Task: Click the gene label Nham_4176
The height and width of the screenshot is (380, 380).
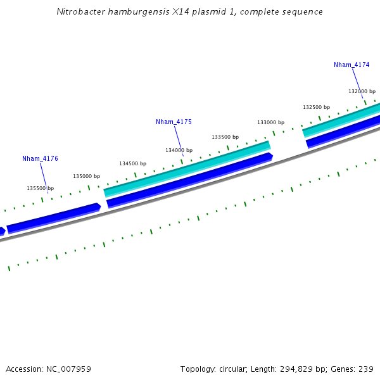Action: click(40, 158)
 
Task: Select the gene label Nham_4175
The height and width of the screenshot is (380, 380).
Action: click(174, 122)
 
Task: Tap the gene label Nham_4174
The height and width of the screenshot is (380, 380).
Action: click(351, 65)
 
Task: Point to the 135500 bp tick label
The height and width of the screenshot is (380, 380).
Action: click(40, 188)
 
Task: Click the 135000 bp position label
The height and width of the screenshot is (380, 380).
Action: click(86, 176)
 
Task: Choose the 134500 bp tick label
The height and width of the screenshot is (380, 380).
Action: click(132, 163)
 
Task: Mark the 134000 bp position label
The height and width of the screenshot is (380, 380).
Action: click(179, 150)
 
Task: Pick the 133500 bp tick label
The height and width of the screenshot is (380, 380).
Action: click(225, 137)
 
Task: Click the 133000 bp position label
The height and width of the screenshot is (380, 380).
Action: click(270, 122)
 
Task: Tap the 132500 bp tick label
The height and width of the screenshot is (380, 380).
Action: click(316, 107)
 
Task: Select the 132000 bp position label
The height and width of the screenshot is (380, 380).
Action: click(362, 91)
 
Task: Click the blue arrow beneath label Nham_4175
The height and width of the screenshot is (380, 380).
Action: click(190, 179)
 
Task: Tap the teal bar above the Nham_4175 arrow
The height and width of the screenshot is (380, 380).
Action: click(187, 168)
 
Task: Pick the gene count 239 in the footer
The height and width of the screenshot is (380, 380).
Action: click(365, 369)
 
